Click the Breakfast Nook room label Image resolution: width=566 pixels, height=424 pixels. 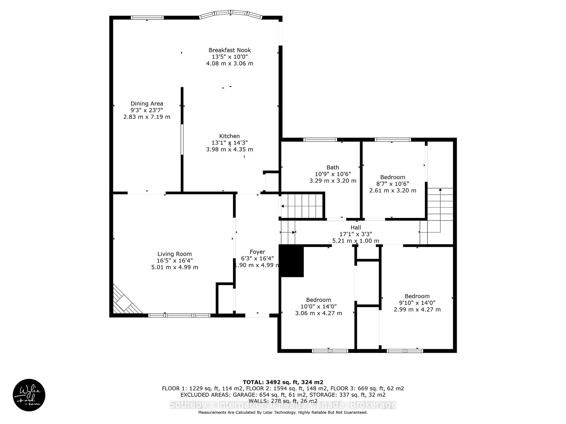[x=229, y=50]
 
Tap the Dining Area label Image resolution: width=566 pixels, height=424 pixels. [x=147, y=103]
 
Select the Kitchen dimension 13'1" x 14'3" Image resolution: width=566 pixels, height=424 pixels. [x=229, y=143]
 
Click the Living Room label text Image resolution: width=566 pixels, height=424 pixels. [x=175, y=254]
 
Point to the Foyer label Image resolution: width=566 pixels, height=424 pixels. [x=257, y=252]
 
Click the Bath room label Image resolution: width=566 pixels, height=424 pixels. [x=333, y=167]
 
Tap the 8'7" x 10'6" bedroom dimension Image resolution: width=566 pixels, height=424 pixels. [x=393, y=184]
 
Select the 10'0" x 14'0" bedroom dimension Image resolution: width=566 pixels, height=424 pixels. [x=318, y=306]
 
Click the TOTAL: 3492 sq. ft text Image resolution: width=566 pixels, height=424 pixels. [x=283, y=382]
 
